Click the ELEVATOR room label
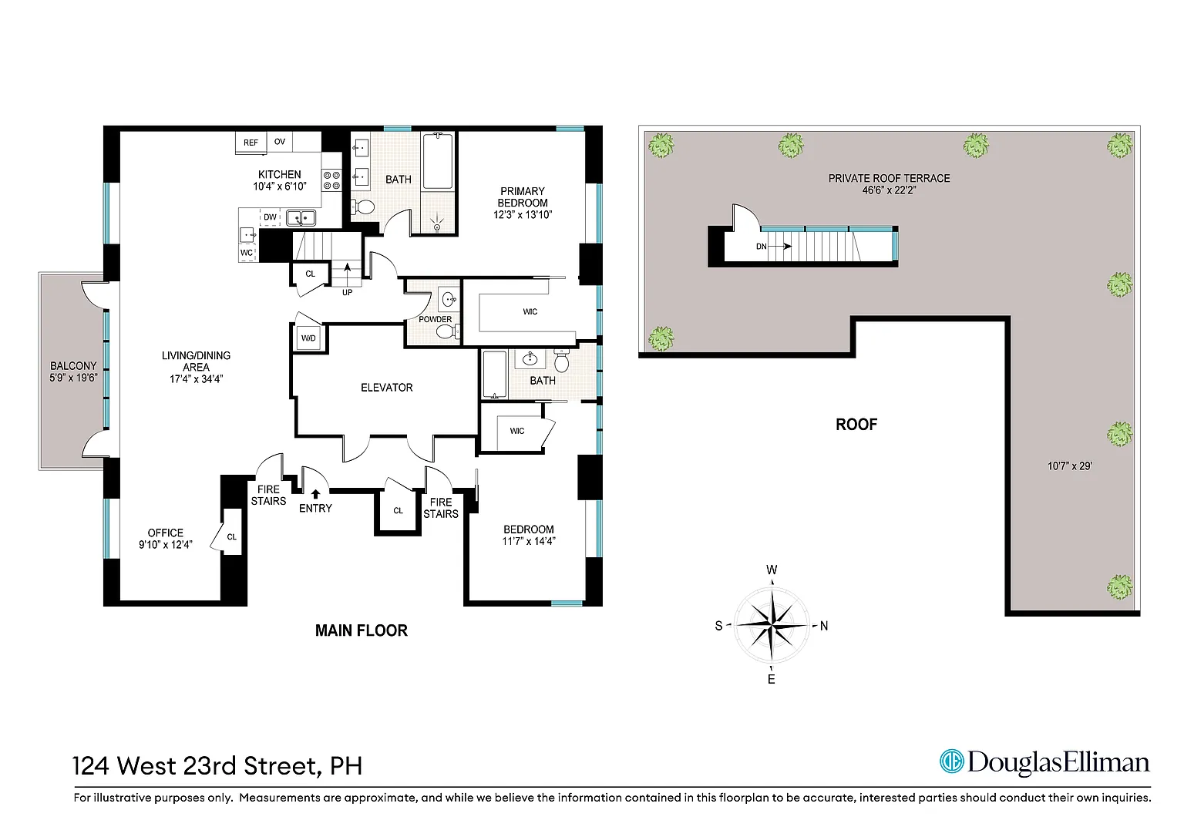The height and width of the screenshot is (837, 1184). (386, 388)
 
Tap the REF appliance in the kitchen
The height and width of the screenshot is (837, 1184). (251, 142)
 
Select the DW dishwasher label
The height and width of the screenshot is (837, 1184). (270, 217)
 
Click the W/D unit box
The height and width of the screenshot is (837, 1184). (308, 338)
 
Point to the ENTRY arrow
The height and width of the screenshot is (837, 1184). (315, 494)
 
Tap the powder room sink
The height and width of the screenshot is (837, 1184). (449, 300)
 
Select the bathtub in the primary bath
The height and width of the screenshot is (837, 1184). (438, 161)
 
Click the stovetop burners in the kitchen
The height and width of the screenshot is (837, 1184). (331, 180)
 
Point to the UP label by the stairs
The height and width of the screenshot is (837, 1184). (347, 292)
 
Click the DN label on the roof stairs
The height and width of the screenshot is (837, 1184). (761, 246)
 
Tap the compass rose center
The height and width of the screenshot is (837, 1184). (772, 625)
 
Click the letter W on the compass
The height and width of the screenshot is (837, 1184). (772, 570)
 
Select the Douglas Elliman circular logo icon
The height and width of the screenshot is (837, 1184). (951, 761)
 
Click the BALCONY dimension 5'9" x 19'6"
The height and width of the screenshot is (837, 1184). (73, 378)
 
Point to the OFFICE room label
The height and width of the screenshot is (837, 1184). (166, 533)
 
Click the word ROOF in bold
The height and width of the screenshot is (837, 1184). (856, 425)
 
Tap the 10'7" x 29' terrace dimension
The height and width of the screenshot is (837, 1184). (1070, 466)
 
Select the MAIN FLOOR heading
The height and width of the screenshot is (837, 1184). (362, 630)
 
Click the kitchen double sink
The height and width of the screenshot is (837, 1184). (301, 217)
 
